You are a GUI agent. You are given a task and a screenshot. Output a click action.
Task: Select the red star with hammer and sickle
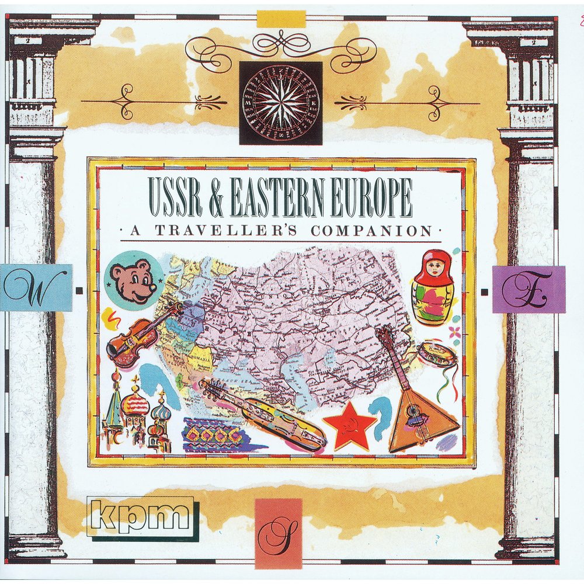coord(349,425)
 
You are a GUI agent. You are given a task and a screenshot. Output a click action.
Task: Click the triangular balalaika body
coord(420,420)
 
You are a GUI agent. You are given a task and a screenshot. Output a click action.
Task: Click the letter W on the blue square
coord(35,288)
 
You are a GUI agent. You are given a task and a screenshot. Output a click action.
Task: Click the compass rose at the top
coord(281,103)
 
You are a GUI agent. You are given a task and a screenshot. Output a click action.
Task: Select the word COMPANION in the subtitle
coord(372,231)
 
